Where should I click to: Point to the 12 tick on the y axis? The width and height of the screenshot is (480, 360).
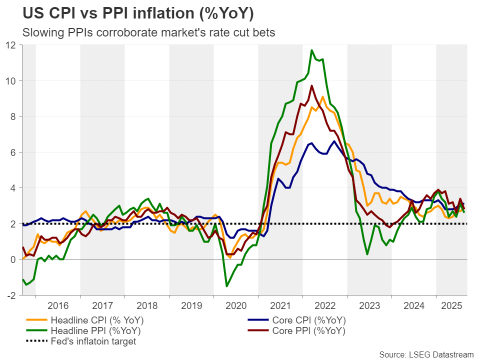(11, 45)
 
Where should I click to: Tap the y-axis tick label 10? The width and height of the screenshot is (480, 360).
(11, 80)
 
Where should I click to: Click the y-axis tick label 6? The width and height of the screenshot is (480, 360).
(13, 152)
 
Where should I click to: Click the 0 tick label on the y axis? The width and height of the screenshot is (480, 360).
(13, 259)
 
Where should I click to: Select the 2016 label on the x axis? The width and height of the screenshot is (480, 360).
(58, 304)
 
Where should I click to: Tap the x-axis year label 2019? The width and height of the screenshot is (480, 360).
(191, 304)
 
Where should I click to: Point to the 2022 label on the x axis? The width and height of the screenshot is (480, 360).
(325, 304)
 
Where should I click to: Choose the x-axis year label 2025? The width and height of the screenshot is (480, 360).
(451, 304)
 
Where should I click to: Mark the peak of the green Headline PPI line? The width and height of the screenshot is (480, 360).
(312, 50)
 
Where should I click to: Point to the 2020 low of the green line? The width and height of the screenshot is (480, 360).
(226, 286)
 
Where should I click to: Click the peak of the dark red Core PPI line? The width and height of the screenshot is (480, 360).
(312, 85)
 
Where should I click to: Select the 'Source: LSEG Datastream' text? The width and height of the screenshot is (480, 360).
(425, 354)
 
